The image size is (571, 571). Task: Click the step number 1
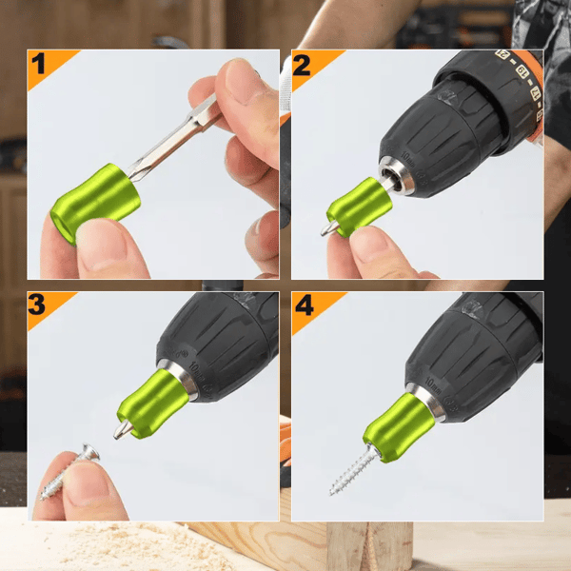pyautogui.click(x=39, y=65)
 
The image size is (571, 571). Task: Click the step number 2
pyautogui.click(x=303, y=65)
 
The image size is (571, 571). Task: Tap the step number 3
pyautogui.click(x=39, y=305)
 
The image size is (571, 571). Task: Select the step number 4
pyautogui.click(x=303, y=306)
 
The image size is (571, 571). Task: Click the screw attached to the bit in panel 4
pyautogui.click(x=351, y=472)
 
